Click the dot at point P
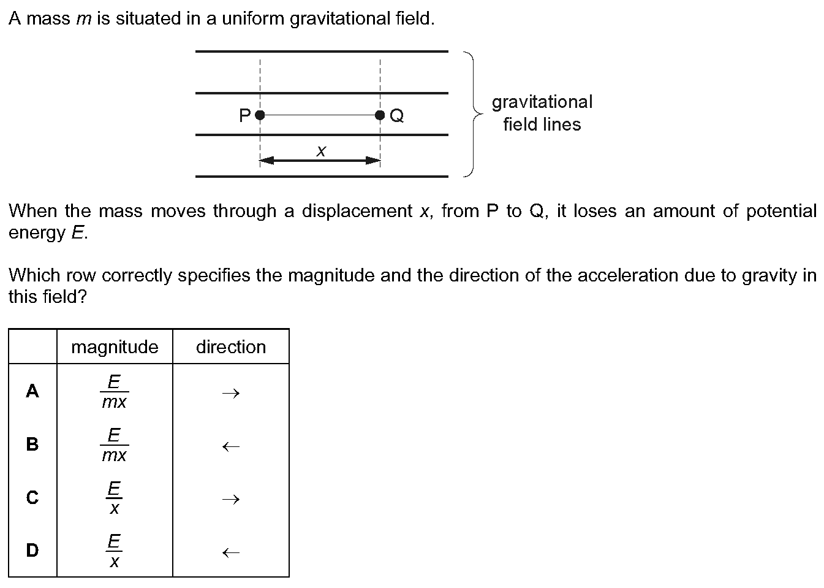(x=260, y=115)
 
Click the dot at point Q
(x=380, y=115)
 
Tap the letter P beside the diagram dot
(x=244, y=116)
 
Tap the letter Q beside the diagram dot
(x=396, y=116)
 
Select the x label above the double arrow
(x=321, y=151)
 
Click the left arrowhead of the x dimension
(x=266, y=161)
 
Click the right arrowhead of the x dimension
(x=373, y=161)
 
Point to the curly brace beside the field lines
(x=473, y=114)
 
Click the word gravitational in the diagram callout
(x=542, y=102)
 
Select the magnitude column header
(x=115, y=347)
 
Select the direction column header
(x=231, y=347)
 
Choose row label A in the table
(x=32, y=391)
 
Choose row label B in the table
(x=32, y=444)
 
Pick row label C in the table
(x=32, y=497)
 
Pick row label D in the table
(x=32, y=551)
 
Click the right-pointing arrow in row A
(x=231, y=394)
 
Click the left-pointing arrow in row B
(x=231, y=446)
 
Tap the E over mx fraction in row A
(x=115, y=391)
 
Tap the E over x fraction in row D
(x=114, y=551)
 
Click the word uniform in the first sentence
(x=253, y=18)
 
